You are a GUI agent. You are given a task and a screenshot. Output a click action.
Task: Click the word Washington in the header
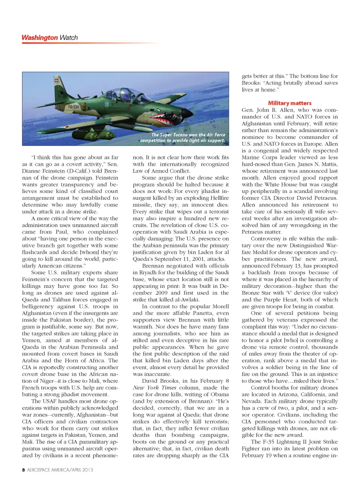(39, 38)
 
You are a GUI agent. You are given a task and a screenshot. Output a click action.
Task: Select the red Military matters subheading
(289, 103)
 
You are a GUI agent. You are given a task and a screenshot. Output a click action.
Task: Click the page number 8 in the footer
(24, 470)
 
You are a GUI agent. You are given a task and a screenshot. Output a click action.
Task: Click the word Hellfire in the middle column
(220, 198)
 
